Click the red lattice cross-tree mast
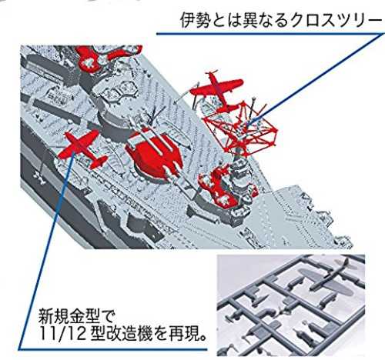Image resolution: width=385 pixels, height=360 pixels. pyautogui.click(x=240, y=128)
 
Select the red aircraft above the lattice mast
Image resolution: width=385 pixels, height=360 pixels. pyautogui.click(x=217, y=90)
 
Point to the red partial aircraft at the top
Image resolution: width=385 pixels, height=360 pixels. pyautogui.click(x=108, y=58)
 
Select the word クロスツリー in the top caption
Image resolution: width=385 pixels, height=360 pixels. pyautogui.click(x=333, y=21)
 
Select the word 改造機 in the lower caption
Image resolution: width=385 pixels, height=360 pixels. pyautogui.click(x=131, y=334)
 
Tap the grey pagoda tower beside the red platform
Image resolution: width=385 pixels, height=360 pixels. pyautogui.click(x=241, y=191)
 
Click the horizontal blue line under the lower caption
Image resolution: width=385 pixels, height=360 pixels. pyautogui.click(x=113, y=349)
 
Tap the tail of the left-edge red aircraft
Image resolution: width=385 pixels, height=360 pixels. pyautogui.click(x=99, y=162)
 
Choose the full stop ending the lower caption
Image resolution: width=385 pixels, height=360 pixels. pyautogui.click(x=203, y=338)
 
